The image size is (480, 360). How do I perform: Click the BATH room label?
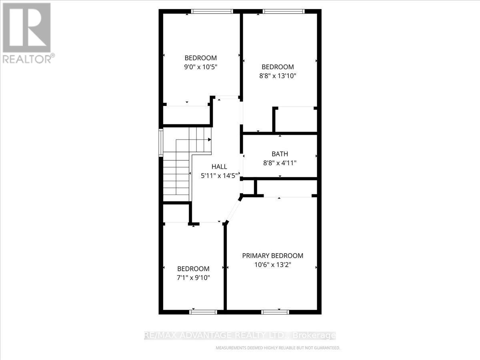click(280, 154)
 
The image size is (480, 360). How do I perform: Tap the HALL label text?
click(219, 167)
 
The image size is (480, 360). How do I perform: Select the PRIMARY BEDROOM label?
click(272, 256)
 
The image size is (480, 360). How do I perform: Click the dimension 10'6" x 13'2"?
click(272, 264)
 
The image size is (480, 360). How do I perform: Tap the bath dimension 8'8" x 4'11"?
click(280, 163)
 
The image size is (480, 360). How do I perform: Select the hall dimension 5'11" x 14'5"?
click(219, 175)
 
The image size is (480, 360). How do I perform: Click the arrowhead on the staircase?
click(210, 140)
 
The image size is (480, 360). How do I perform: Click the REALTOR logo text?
click(27, 59)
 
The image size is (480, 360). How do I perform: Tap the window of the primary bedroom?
click(275, 312)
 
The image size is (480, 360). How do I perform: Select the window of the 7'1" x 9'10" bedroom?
click(203, 312)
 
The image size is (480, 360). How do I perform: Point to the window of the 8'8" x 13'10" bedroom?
click(284, 12)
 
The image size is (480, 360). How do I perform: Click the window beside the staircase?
click(161, 142)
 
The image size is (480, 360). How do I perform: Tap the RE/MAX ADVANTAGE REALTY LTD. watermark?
click(240, 336)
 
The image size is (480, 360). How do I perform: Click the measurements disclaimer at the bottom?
click(278, 348)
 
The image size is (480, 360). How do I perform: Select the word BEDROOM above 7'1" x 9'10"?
click(193, 269)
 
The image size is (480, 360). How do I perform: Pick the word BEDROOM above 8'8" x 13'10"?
click(278, 67)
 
